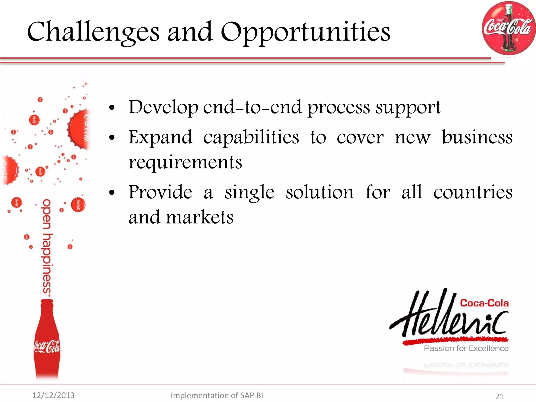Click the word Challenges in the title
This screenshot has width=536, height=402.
[x=93, y=32]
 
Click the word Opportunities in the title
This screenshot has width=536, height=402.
[x=305, y=32]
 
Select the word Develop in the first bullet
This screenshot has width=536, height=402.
[x=163, y=107]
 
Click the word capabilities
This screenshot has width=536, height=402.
[x=251, y=137]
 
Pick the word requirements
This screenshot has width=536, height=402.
[x=185, y=162]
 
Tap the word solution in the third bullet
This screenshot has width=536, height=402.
[x=320, y=192]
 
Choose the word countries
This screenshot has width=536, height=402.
[x=473, y=192]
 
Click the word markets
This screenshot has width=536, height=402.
[x=199, y=217]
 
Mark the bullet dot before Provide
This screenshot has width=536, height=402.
[x=112, y=193]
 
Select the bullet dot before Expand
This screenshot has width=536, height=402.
[x=112, y=138]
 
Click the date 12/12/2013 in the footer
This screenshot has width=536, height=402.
[x=53, y=395]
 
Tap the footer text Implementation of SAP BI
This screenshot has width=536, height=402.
[x=217, y=395]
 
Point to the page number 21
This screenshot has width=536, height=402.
[x=499, y=396]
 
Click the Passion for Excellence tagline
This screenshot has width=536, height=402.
[x=466, y=348]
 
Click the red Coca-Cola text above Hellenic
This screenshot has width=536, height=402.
[x=484, y=303]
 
